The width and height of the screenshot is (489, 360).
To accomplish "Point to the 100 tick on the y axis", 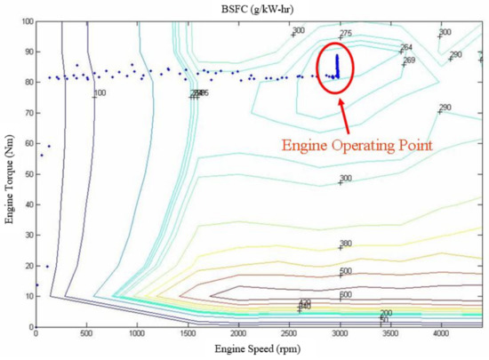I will click(25, 21).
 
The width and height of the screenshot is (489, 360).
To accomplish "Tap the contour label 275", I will click(346, 33).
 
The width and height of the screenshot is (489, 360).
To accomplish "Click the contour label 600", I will click(347, 295).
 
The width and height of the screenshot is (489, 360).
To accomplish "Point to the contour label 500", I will click(347, 271).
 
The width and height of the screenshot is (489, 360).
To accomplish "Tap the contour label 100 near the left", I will click(100, 92).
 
